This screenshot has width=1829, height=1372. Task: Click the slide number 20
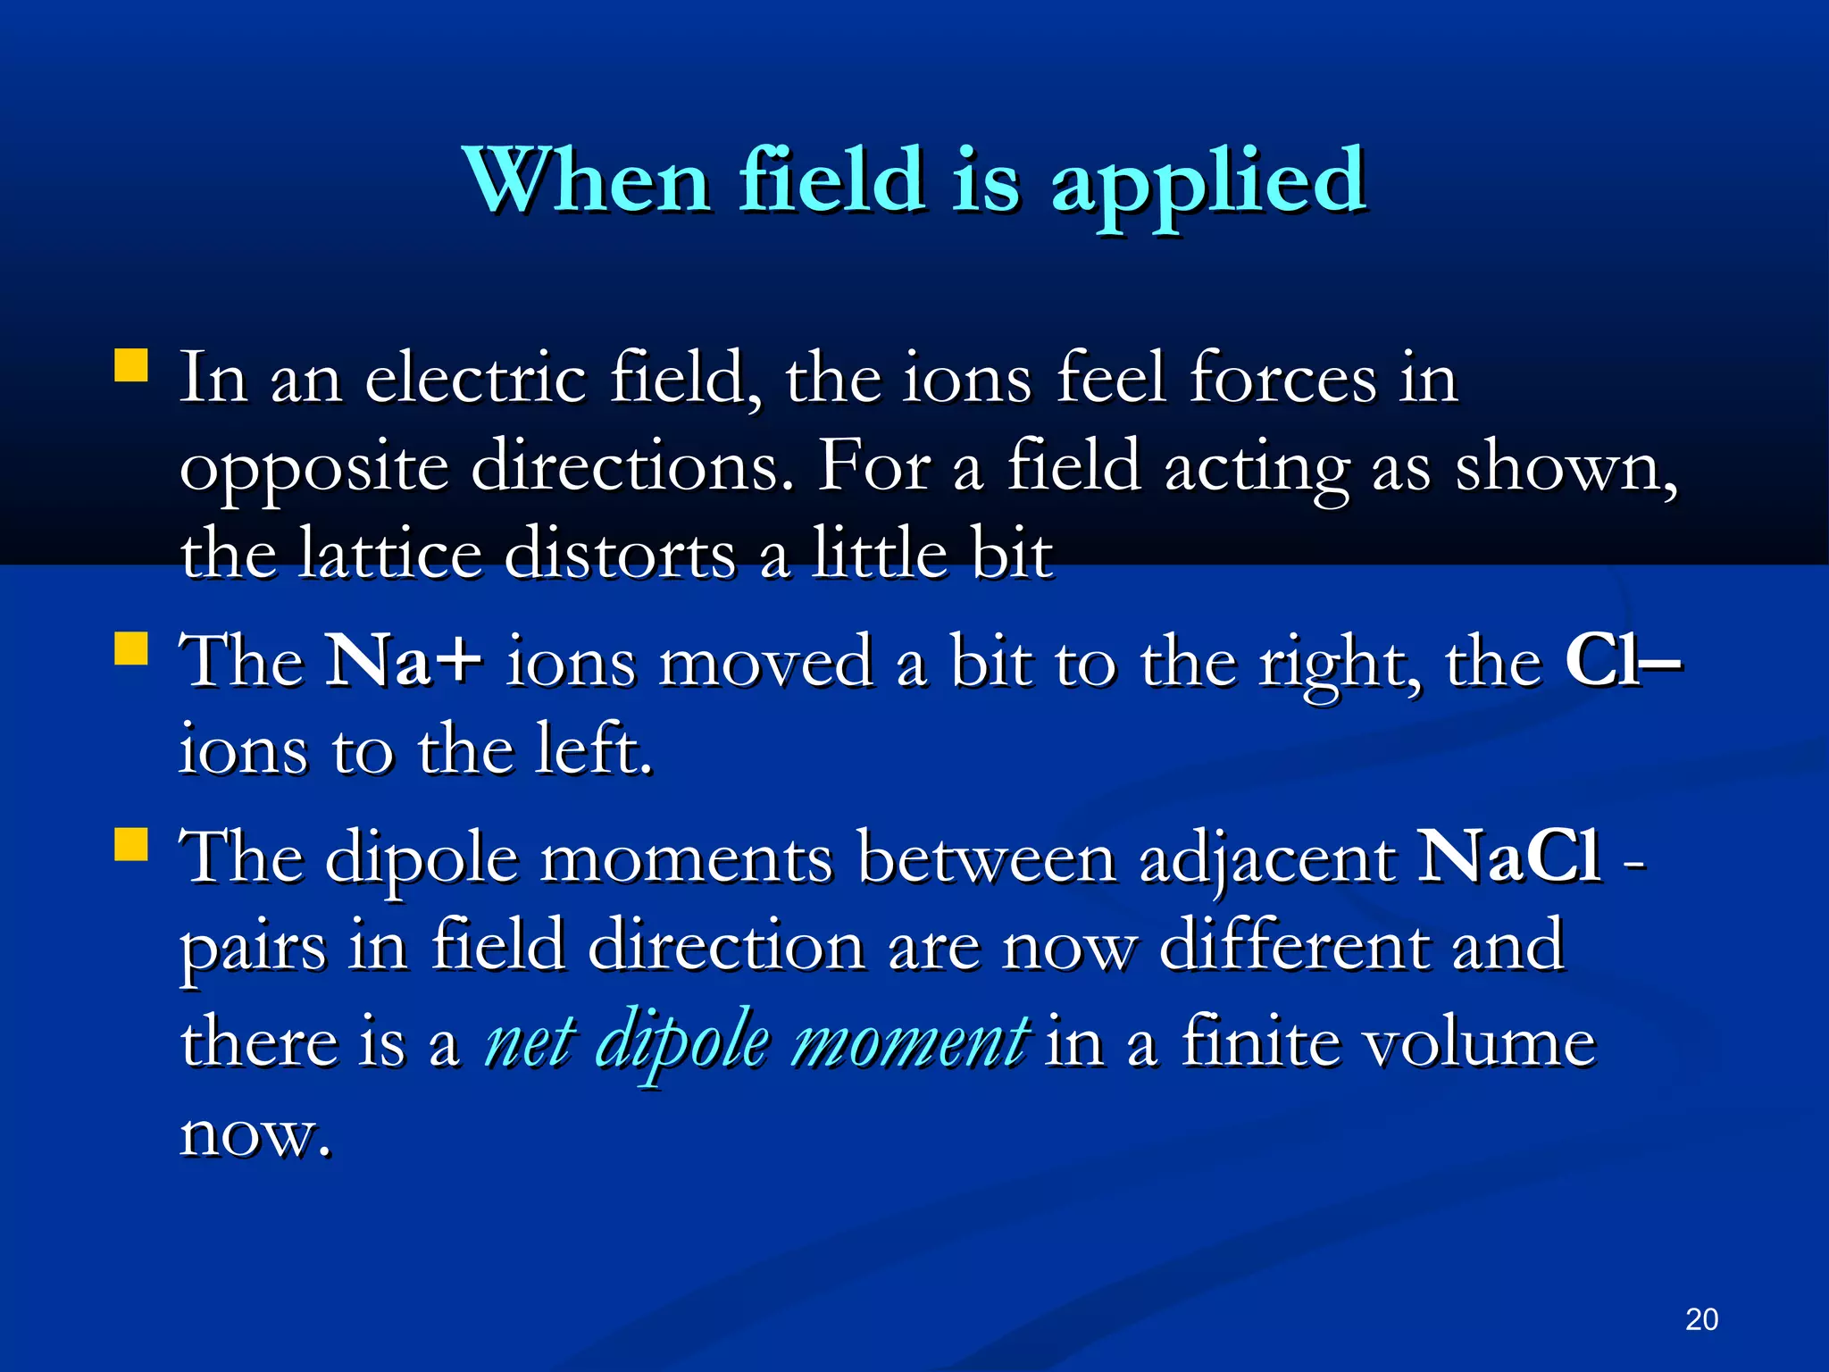coord(1701,1319)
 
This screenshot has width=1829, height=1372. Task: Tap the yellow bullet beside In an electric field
coord(131,365)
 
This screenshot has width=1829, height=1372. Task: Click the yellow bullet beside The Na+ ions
coord(131,649)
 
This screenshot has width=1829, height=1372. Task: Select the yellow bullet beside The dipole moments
coord(131,844)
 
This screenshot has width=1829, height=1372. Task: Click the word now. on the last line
coord(255,1134)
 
